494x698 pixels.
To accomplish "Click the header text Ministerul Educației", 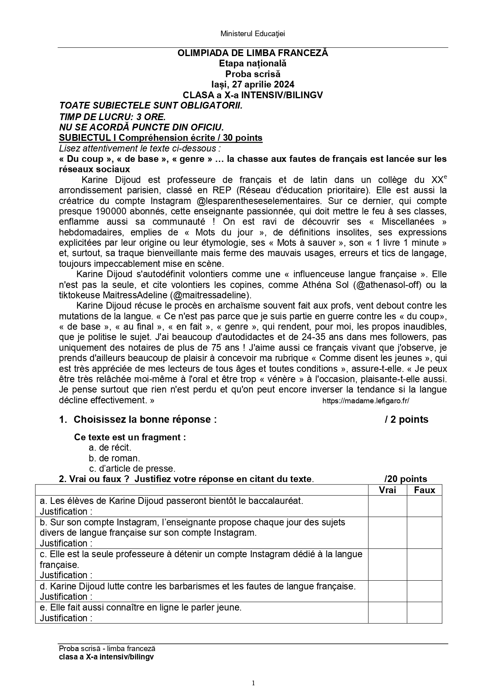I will click(253, 34).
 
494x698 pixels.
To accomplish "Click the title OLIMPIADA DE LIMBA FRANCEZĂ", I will click(253, 53).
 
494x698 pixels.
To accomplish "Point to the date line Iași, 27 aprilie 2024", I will click(253, 84).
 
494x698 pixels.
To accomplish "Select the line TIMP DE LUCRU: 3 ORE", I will click(112, 117).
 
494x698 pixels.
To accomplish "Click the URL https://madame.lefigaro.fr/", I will click(365, 401).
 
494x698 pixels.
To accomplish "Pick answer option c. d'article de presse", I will click(132, 469).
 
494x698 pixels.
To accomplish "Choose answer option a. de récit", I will click(110, 447).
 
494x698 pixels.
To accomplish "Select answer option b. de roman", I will click(114, 458).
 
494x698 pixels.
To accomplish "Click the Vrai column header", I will click(387, 490).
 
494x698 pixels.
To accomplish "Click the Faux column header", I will click(424, 490).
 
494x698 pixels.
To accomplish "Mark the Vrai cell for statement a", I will click(387, 506).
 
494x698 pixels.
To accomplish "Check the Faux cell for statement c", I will click(424, 565).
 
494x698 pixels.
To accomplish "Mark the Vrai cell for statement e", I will click(387, 613).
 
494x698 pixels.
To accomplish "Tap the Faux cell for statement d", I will click(424, 591).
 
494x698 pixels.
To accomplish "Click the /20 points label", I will click(406, 479).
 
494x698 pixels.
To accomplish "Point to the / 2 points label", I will click(406, 420).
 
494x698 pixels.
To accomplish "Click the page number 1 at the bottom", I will click(253, 683).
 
